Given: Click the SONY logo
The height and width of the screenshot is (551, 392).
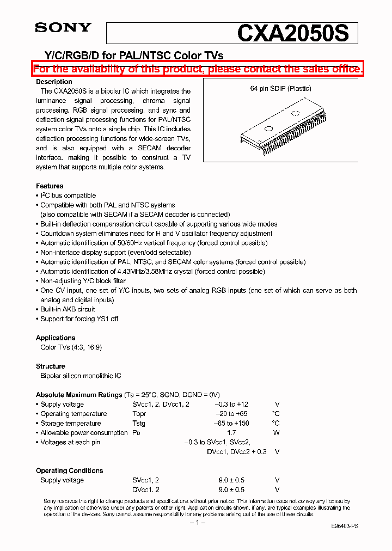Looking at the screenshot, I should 63,27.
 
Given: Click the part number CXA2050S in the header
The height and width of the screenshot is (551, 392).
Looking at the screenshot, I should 292,34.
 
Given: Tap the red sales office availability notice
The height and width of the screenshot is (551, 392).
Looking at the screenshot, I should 197,69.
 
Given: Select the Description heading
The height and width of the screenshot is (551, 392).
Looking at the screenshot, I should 54,82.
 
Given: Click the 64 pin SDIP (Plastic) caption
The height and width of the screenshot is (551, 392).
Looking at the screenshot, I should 280,88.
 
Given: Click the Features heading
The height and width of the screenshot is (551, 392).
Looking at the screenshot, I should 50,186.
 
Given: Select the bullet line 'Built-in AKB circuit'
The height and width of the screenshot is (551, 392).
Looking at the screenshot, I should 68,309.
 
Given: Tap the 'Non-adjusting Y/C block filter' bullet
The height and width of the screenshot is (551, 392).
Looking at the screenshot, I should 83,281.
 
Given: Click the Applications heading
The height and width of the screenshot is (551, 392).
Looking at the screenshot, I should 56,338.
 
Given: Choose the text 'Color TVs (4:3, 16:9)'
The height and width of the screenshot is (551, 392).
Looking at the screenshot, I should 71,347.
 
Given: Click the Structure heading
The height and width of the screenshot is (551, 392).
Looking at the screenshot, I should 51,366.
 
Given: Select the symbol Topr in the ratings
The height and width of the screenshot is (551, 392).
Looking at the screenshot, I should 139,414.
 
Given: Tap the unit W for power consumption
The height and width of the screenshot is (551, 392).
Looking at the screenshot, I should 277,433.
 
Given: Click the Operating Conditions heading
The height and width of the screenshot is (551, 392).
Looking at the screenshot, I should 69,470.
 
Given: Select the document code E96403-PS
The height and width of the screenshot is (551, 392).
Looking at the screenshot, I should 344,526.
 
